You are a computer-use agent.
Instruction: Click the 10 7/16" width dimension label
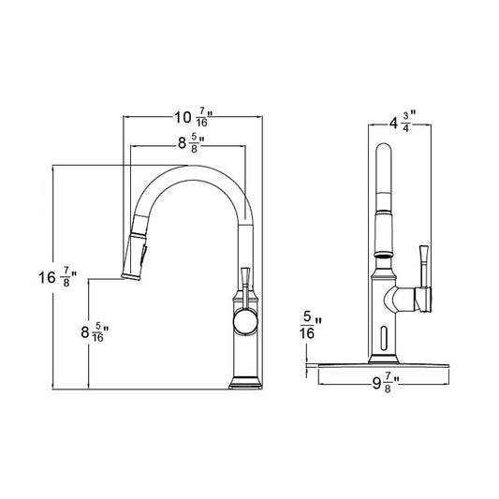[x=193, y=117]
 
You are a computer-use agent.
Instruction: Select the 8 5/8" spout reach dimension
[x=191, y=144]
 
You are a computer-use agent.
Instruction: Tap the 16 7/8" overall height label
[x=58, y=277]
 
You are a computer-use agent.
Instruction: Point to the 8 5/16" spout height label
[x=95, y=332]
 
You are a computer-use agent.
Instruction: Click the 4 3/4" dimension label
[x=403, y=122]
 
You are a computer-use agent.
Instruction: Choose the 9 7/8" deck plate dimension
[x=386, y=384]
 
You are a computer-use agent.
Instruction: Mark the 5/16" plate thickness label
[x=310, y=325]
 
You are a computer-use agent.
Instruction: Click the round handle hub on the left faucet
[x=245, y=322]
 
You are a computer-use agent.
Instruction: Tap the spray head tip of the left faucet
[x=131, y=276]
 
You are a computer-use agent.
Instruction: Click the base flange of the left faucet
[x=245, y=383]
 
